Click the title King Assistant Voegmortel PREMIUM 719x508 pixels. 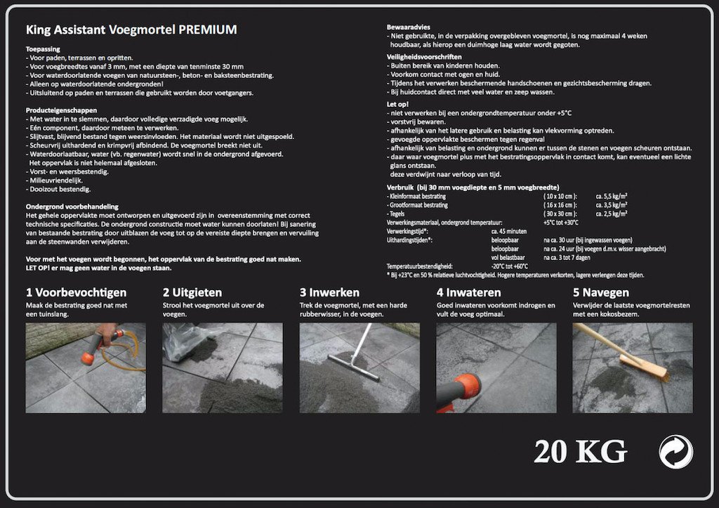coord(131,30)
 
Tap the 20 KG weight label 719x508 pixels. coord(580,451)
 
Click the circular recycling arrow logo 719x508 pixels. coord(675,451)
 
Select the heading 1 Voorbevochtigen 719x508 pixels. coord(76,292)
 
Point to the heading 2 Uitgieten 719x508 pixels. coord(192,292)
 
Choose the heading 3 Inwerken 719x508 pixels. coord(329,292)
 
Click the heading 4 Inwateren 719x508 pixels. coord(468,292)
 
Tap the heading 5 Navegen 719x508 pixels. coord(601,292)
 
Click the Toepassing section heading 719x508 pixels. coord(43,49)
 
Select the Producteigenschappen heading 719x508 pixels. coord(61,110)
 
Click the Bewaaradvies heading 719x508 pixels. coord(410,26)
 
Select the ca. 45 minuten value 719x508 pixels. coord(510,230)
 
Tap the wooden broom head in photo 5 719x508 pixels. coord(642,366)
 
